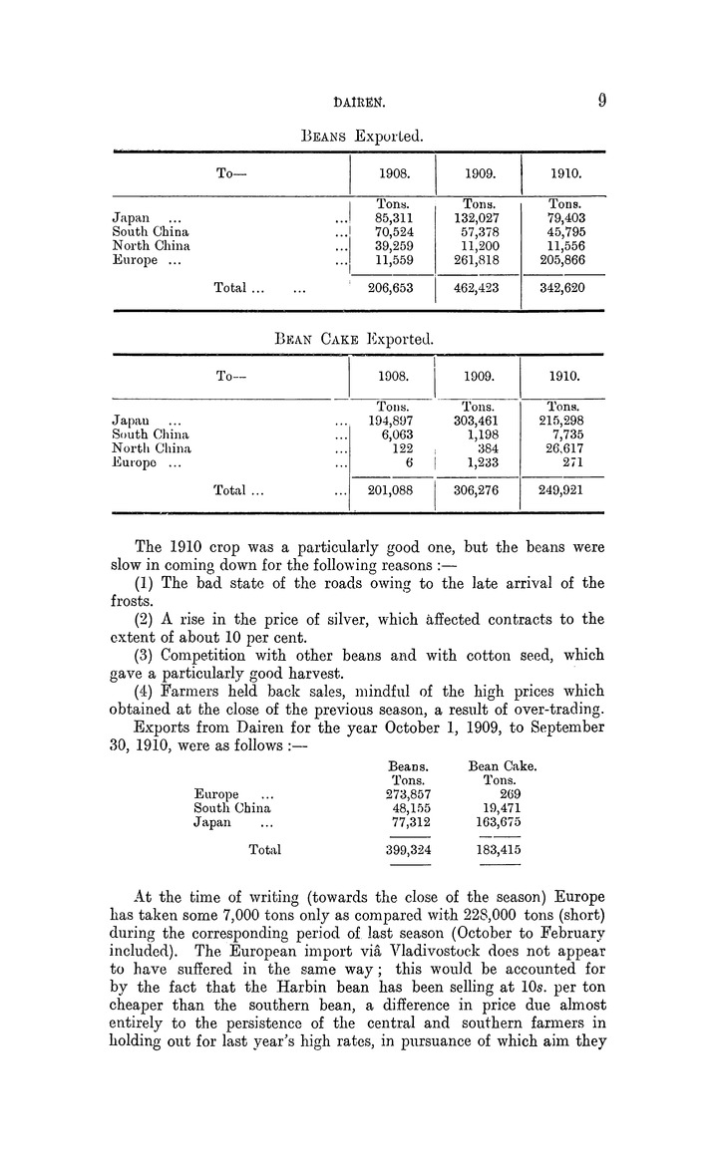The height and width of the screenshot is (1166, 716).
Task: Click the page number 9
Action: click(602, 100)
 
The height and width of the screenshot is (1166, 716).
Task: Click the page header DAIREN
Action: click(358, 101)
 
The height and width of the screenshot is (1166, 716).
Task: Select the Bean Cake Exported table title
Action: click(357, 338)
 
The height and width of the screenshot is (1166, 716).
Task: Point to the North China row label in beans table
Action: click(152, 245)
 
